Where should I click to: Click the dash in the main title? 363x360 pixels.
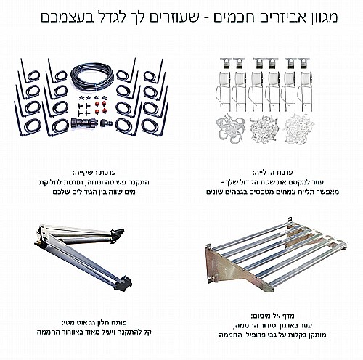[205, 17]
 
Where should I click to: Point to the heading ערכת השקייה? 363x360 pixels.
[94, 173]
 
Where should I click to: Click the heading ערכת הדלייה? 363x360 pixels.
[272, 173]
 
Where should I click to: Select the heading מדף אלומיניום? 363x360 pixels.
[272, 316]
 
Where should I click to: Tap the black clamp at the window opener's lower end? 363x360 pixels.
[124, 283]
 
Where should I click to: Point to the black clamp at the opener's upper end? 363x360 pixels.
[117, 234]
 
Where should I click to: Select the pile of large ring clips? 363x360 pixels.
[230, 129]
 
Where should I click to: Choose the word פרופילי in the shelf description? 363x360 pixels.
[247, 335]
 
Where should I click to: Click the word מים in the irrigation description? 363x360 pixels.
[130, 192]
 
